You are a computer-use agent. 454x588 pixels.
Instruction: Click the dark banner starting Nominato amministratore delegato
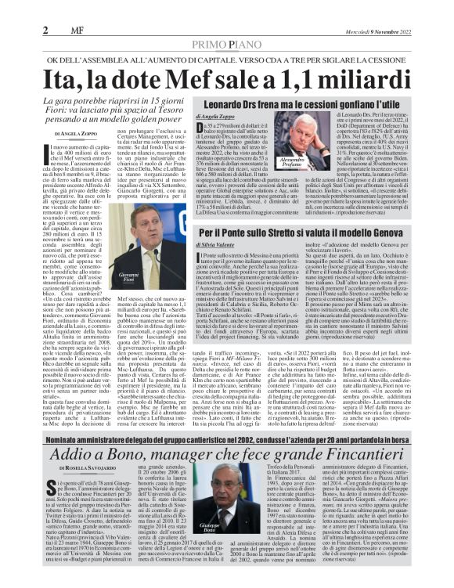pos(226,441)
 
